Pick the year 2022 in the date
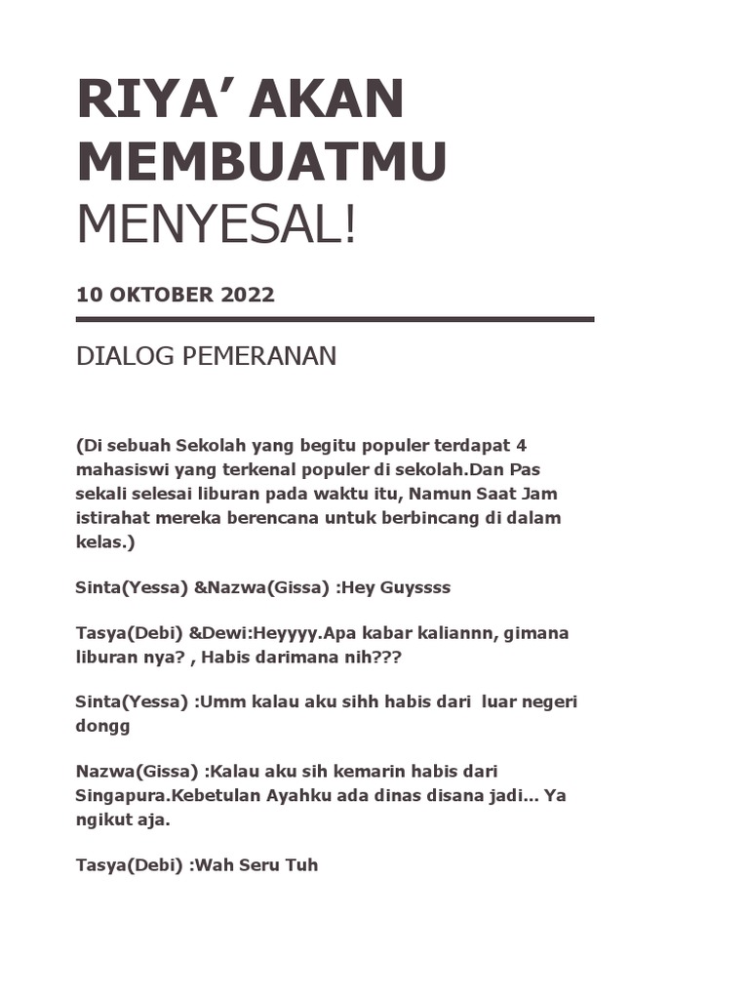click(x=248, y=295)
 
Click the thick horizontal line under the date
click(x=335, y=319)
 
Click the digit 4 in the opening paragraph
click(x=522, y=445)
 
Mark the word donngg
click(x=102, y=726)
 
